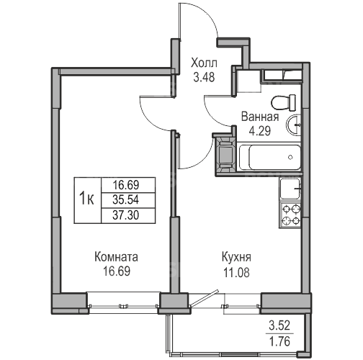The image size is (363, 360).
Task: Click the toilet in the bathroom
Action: pyautogui.click(x=283, y=102)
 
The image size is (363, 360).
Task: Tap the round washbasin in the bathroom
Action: pyautogui.click(x=293, y=125)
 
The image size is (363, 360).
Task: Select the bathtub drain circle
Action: pyautogui.click(x=290, y=157)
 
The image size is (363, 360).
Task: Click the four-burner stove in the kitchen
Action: pyautogui.click(x=290, y=215)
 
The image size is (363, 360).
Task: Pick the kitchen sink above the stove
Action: pyautogui.click(x=290, y=189)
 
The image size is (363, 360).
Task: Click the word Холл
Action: pyautogui.click(x=204, y=63)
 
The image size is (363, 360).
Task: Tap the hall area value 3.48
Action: pyautogui.click(x=204, y=77)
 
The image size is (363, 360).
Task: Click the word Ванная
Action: pyautogui.click(x=260, y=117)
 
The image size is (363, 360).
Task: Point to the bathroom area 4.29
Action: pyautogui.click(x=260, y=131)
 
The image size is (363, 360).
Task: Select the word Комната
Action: pyautogui.click(x=117, y=257)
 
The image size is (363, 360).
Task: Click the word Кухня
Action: pyautogui.click(x=236, y=257)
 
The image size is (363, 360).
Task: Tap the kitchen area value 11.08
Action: pyautogui.click(x=236, y=272)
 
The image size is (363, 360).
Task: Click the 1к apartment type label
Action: pyautogui.click(x=86, y=199)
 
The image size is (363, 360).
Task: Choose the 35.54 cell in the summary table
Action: pyautogui.click(x=126, y=200)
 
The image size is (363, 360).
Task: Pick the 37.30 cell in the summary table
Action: pyautogui.click(x=126, y=215)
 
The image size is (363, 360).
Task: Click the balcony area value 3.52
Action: pyautogui.click(x=279, y=325)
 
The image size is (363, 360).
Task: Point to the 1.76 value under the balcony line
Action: pyautogui.click(x=279, y=341)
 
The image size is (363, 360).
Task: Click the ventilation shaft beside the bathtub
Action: pyautogui.click(x=226, y=156)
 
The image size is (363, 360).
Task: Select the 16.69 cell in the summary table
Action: pyautogui.click(x=126, y=185)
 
